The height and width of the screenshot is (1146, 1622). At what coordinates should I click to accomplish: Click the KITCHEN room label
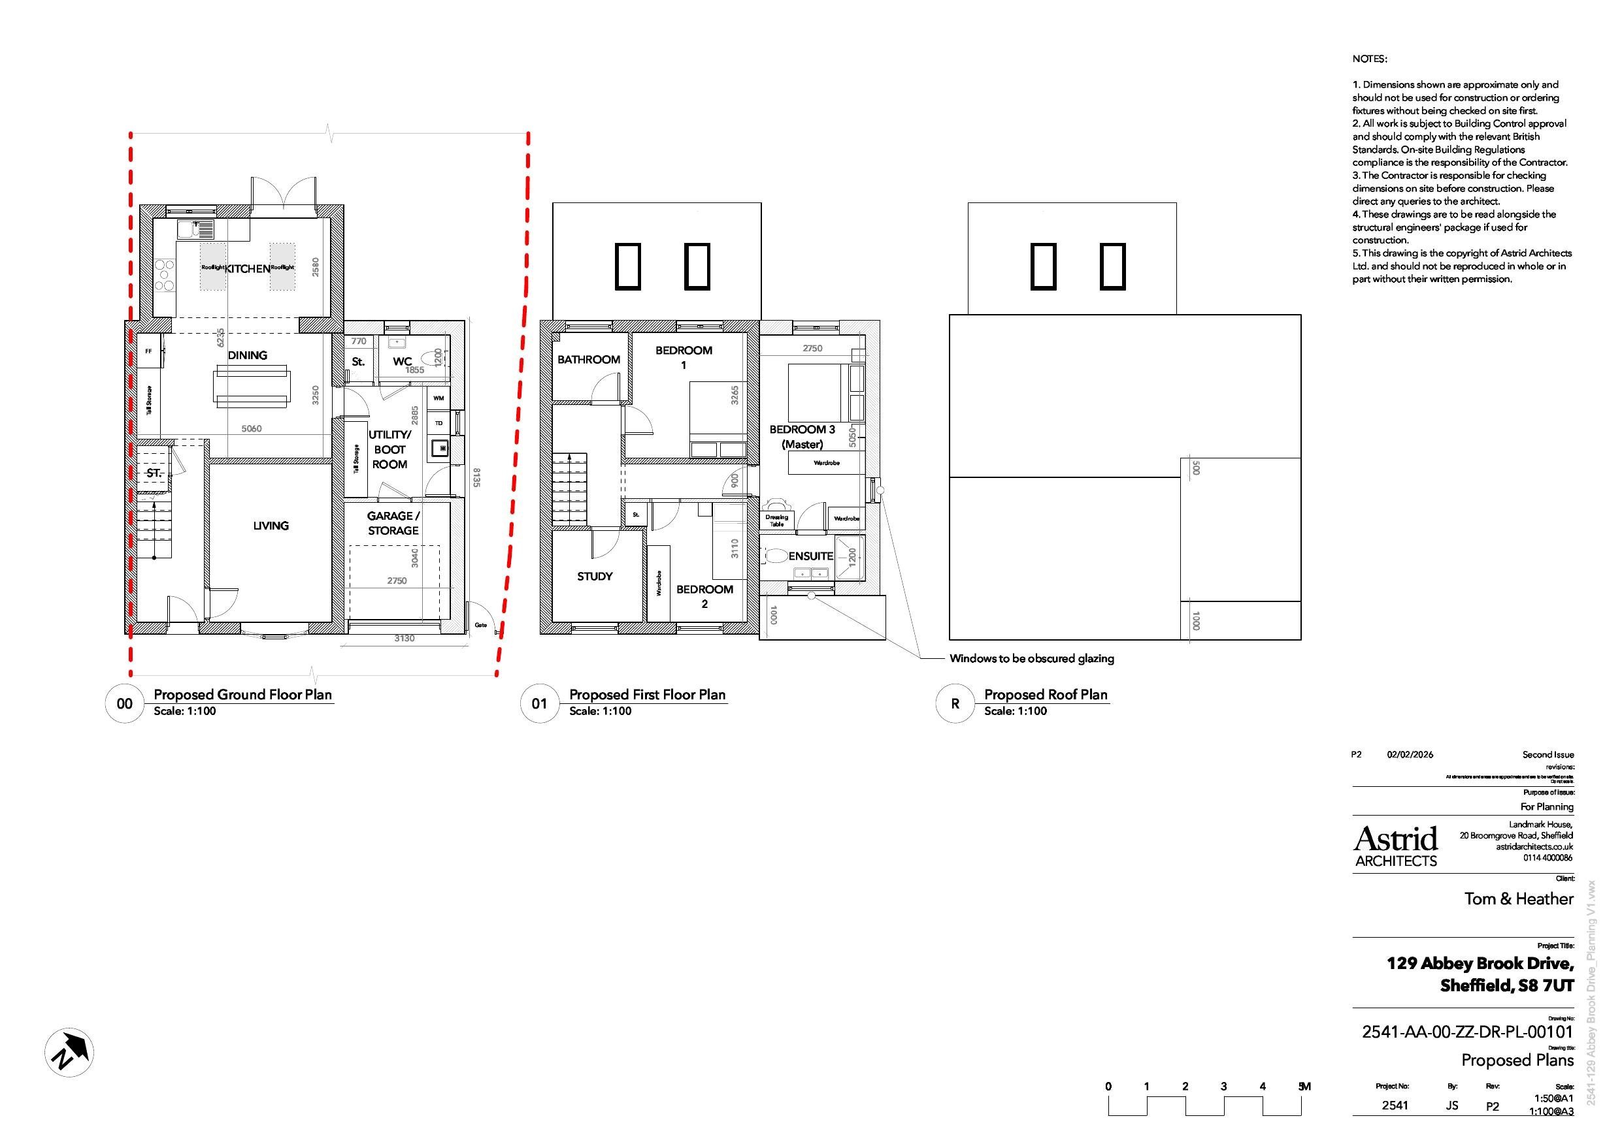(247, 268)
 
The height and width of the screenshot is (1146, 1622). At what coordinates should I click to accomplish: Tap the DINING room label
(247, 355)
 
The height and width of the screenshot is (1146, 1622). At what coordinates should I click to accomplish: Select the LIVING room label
(271, 526)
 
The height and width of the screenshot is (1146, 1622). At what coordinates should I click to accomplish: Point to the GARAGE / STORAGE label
(393, 523)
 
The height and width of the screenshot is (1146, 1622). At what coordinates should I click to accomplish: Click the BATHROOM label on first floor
(588, 359)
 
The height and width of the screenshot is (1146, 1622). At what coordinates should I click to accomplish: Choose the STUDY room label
(594, 576)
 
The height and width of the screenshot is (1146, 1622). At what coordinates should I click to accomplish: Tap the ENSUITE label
(810, 556)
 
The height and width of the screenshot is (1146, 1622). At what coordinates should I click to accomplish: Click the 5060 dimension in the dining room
(251, 428)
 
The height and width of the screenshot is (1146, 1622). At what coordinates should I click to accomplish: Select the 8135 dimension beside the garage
(477, 477)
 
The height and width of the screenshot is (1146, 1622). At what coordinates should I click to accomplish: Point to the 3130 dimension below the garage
(404, 639)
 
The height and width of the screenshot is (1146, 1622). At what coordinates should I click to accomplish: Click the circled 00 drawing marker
(124, 703)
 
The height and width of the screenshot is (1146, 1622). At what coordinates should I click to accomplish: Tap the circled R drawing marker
(955, 703)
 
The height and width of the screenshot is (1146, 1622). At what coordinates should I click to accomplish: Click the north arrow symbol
(69, 1052)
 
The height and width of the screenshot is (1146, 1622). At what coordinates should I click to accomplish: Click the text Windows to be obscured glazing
(1031, 659)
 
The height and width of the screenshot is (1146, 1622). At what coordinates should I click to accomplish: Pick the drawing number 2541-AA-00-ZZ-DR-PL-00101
(1467, 1032)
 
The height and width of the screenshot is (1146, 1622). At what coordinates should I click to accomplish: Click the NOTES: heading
(1369, 59)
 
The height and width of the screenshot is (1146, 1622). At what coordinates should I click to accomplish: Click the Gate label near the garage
(480, 625)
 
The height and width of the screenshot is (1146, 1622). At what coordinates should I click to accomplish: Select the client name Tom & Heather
(1518, 899)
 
